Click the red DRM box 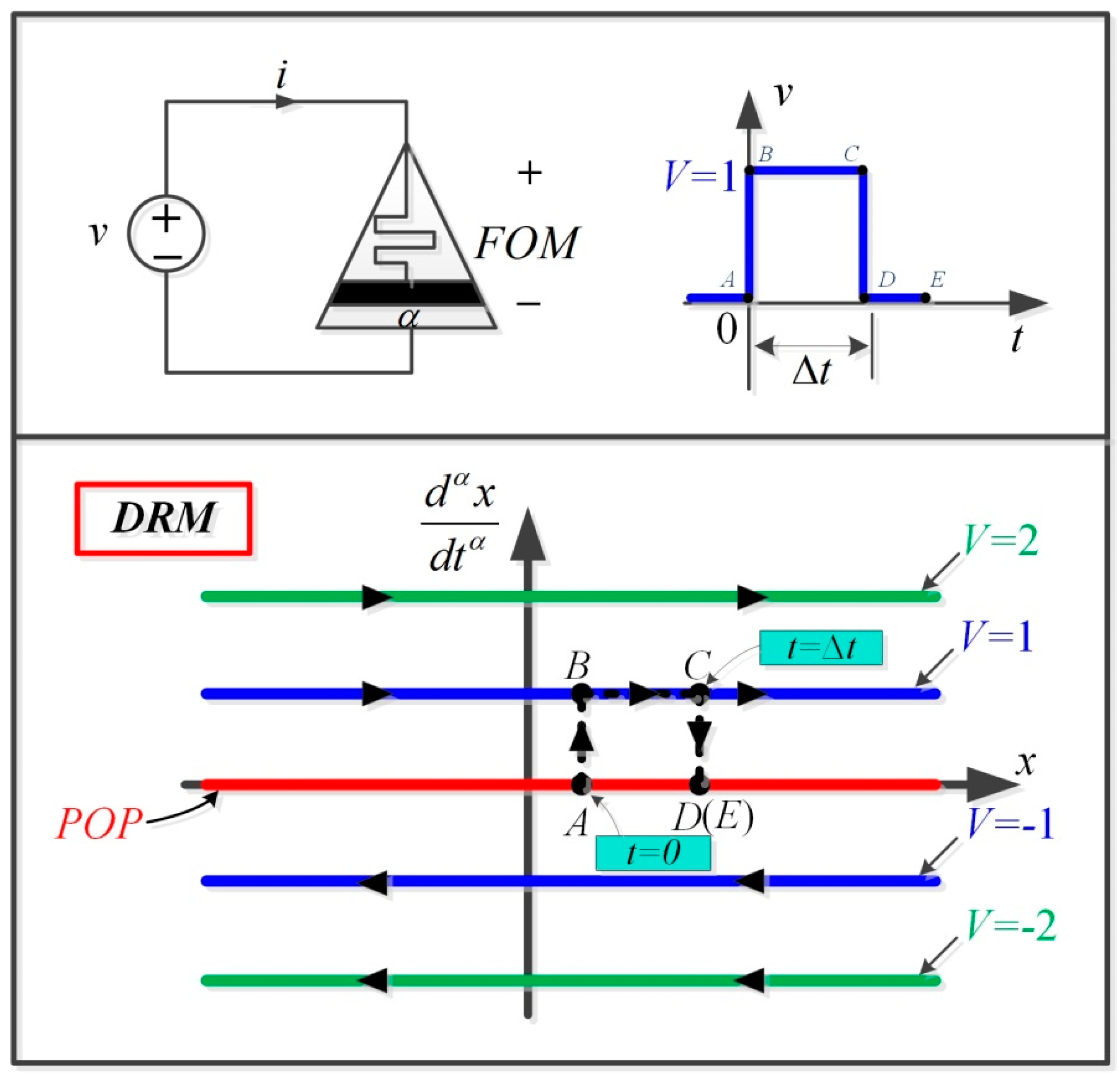163,518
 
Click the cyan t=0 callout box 653,853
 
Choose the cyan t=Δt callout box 820,648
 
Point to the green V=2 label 1000,540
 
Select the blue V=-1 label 1009,824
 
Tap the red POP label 98,824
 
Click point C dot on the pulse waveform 863,170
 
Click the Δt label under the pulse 811,372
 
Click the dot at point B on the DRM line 581,694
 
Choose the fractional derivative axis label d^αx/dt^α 459,525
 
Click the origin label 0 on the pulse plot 726,329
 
